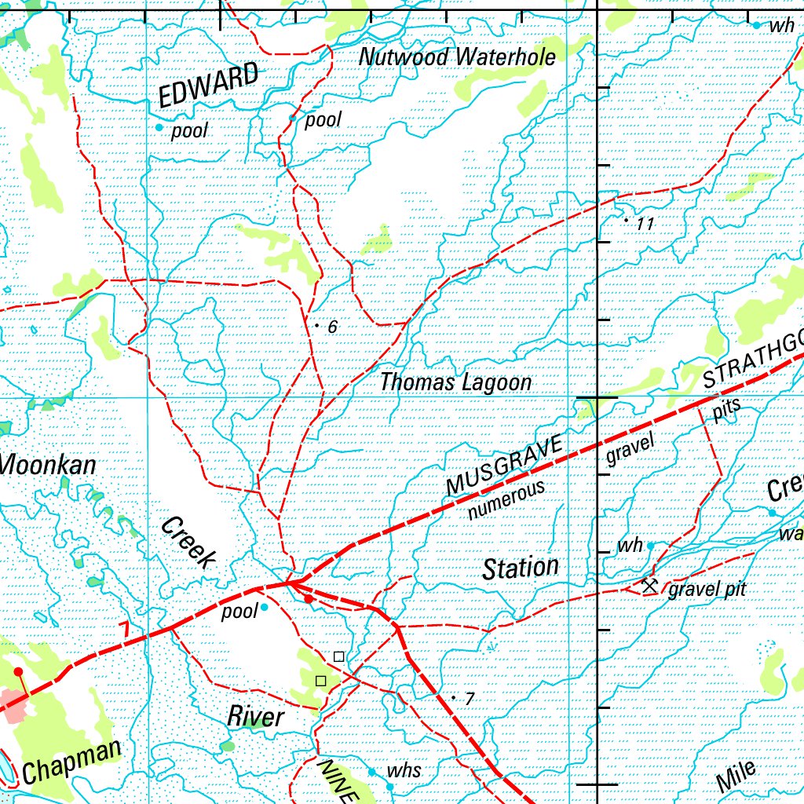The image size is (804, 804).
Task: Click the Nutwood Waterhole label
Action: [457, 57]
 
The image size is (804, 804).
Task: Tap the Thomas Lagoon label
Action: [455, 382]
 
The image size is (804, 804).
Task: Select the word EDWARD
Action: [208, 86]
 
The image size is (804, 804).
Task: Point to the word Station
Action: [521, 568]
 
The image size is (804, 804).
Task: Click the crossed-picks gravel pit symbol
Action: [649, 586]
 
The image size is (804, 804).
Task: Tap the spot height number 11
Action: [645, 225]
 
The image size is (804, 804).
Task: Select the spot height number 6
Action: [332, 327]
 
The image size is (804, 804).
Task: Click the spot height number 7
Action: [470, 699]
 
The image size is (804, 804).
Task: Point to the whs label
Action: [404, 770]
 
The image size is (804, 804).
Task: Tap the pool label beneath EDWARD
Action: [189, 130]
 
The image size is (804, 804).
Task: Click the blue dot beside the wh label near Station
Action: [650, 545]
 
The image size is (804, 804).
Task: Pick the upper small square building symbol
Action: [338, 656]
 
